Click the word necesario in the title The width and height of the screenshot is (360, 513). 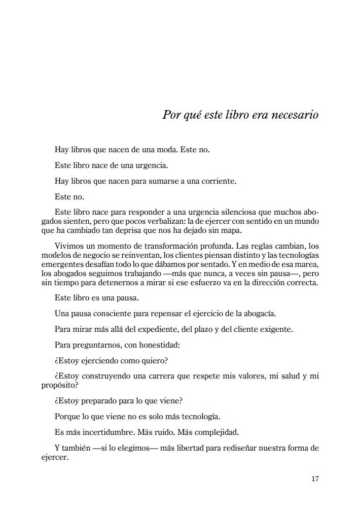click(x=295, y=115)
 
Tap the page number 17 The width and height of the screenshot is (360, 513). click(x=315, y=478)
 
